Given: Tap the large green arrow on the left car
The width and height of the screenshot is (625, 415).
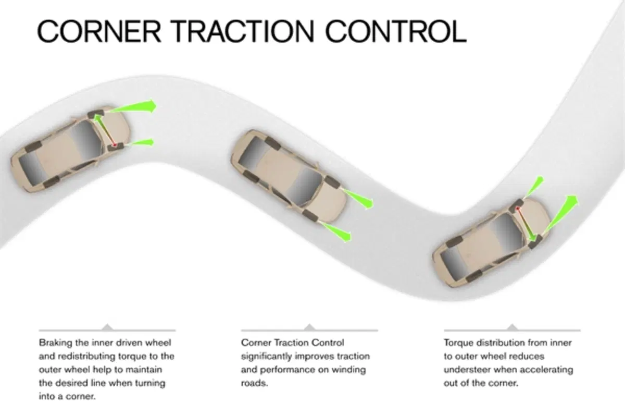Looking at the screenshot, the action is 132,107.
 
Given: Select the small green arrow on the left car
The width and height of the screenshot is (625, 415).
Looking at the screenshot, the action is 140,143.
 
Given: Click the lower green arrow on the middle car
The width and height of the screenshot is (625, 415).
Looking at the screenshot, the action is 336,232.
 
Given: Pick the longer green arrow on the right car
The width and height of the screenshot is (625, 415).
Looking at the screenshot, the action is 561,214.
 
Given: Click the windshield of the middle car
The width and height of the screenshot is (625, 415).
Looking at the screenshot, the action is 304,186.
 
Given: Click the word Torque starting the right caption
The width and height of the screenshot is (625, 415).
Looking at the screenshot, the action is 458,343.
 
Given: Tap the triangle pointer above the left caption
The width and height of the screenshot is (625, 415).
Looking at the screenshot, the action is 107,327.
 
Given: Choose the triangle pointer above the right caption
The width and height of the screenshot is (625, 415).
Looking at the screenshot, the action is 512,327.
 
